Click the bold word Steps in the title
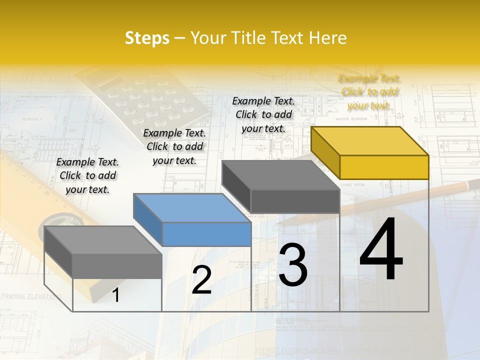point(147,38)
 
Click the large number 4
point(381,249)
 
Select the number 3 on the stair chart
point(293,265)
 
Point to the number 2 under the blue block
point(201,280)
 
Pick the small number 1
point(116,295)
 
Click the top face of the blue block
point(192,208)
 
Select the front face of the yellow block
point(384,167)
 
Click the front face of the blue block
point(206,234)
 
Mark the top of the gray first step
point(103,240)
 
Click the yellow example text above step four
point(369,92)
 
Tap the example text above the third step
point(263,114)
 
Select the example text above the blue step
point(174,146)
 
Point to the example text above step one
point(87,175)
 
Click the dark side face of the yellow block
point(325,152)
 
